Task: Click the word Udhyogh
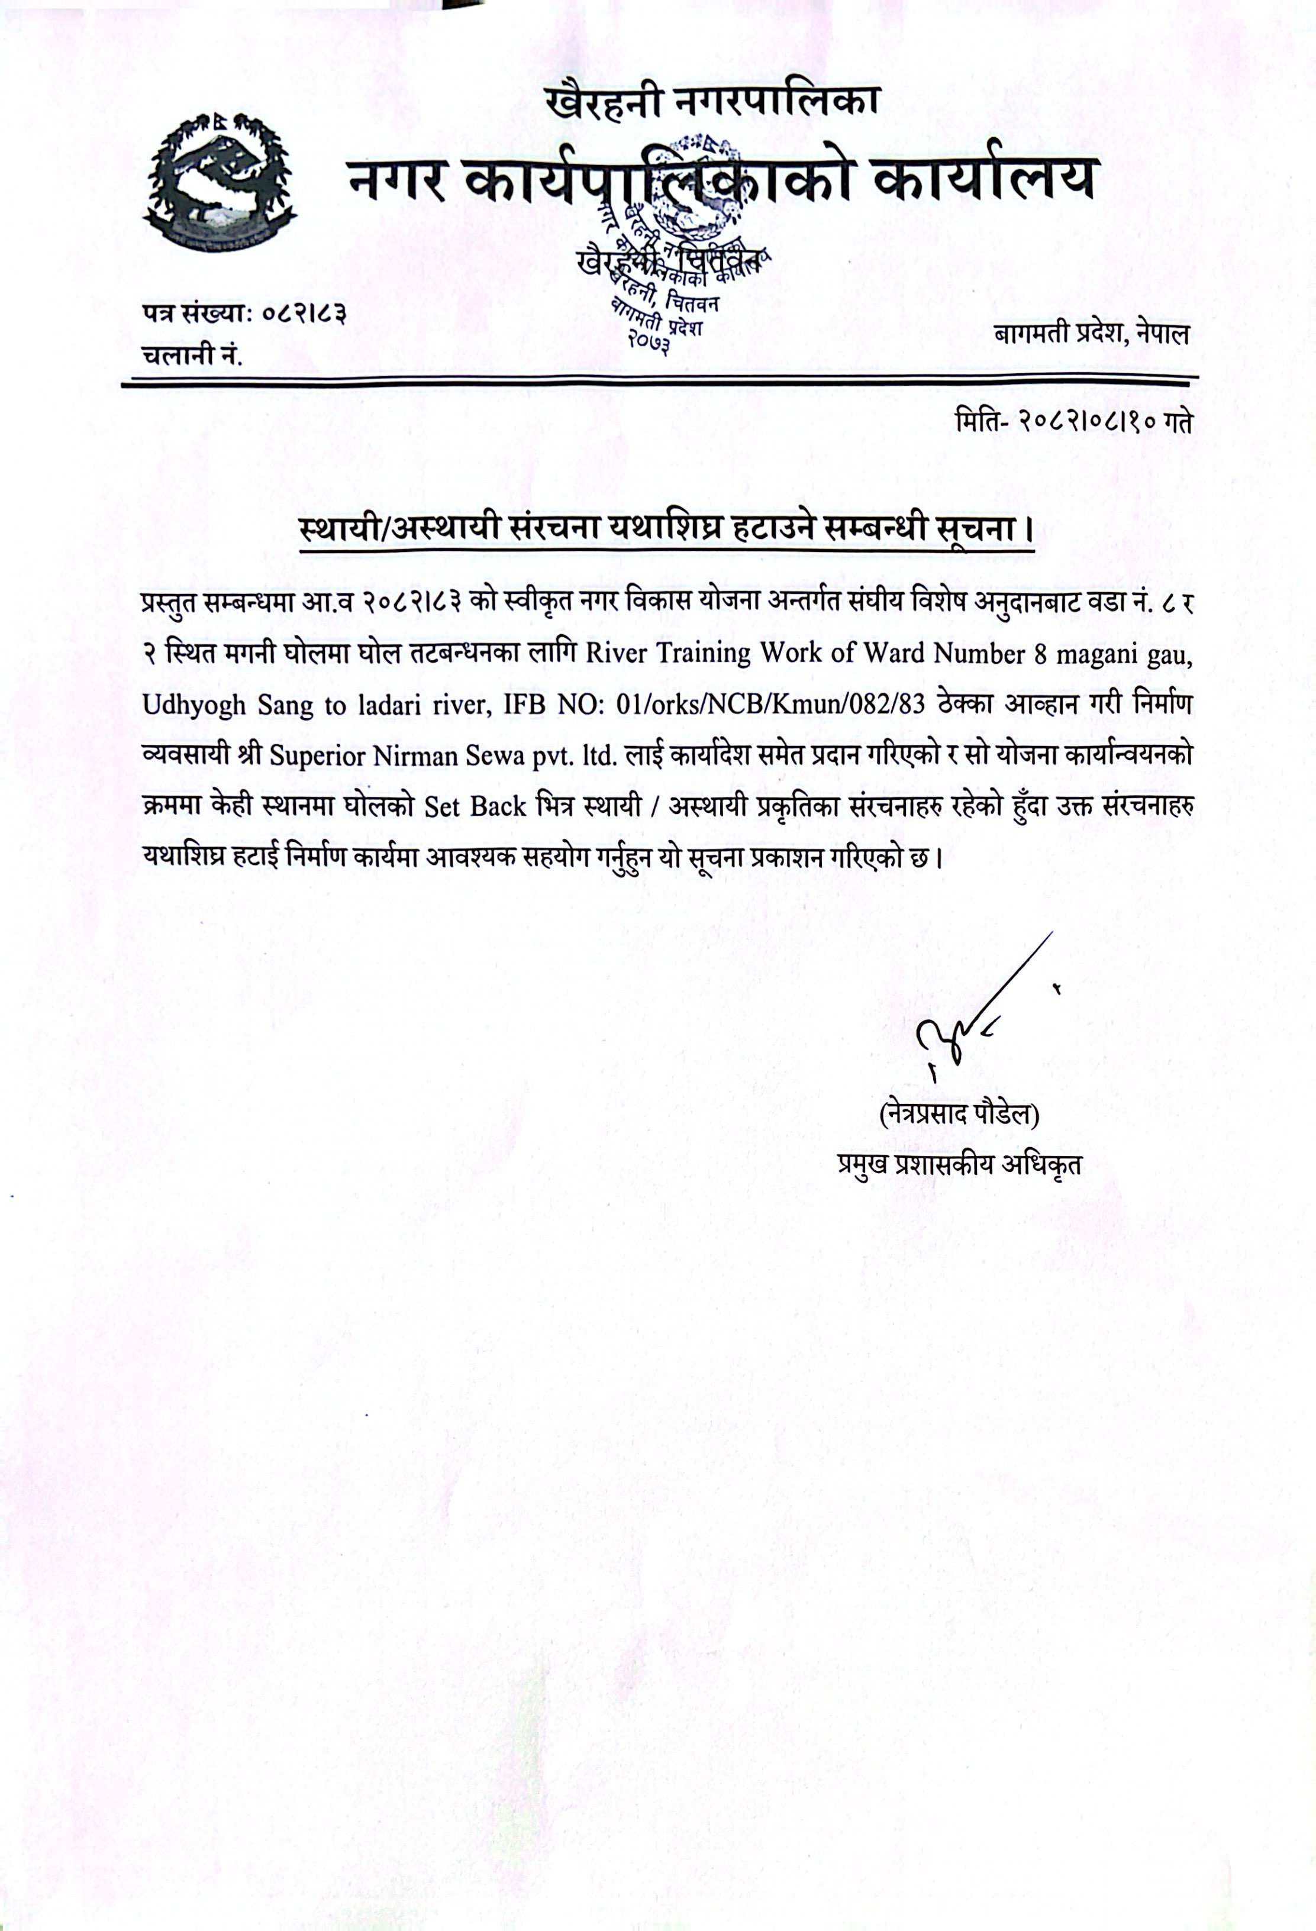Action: pos(193,705)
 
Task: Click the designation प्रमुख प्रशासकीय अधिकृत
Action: pos(960,1164)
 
